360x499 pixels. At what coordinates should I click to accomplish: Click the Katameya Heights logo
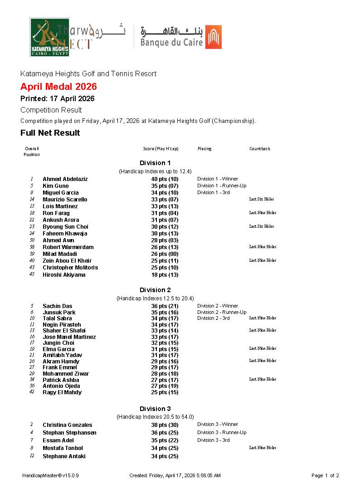coord(50,37)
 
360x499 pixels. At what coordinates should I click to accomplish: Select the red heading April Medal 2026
coord(58,87)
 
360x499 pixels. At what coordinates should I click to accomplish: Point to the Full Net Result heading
coord(50,133)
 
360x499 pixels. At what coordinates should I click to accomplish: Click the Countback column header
coord(259,149)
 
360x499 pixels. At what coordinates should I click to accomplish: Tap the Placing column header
coord(204,149)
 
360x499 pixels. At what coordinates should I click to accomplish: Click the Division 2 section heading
coord(155,290)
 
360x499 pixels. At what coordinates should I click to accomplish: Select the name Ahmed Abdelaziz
coord(65,179)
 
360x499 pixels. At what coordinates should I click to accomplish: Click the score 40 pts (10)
coord(165,179)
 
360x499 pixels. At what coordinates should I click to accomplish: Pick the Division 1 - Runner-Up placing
coord(222,186)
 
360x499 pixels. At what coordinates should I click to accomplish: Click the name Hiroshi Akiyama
coord(64,275)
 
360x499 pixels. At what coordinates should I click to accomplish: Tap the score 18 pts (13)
coord(165,275)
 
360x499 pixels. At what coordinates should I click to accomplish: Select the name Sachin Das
coord(58,306)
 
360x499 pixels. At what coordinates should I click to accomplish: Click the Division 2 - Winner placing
coord(218,306)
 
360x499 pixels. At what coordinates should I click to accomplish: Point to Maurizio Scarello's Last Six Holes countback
coord(262,199)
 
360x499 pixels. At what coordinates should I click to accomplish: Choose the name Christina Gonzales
coord(68,425)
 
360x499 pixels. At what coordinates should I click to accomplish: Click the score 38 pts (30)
coord(165,425)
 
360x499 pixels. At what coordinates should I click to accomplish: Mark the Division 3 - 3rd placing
coord(214,440)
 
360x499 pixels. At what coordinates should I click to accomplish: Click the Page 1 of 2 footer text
coord(325,476)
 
